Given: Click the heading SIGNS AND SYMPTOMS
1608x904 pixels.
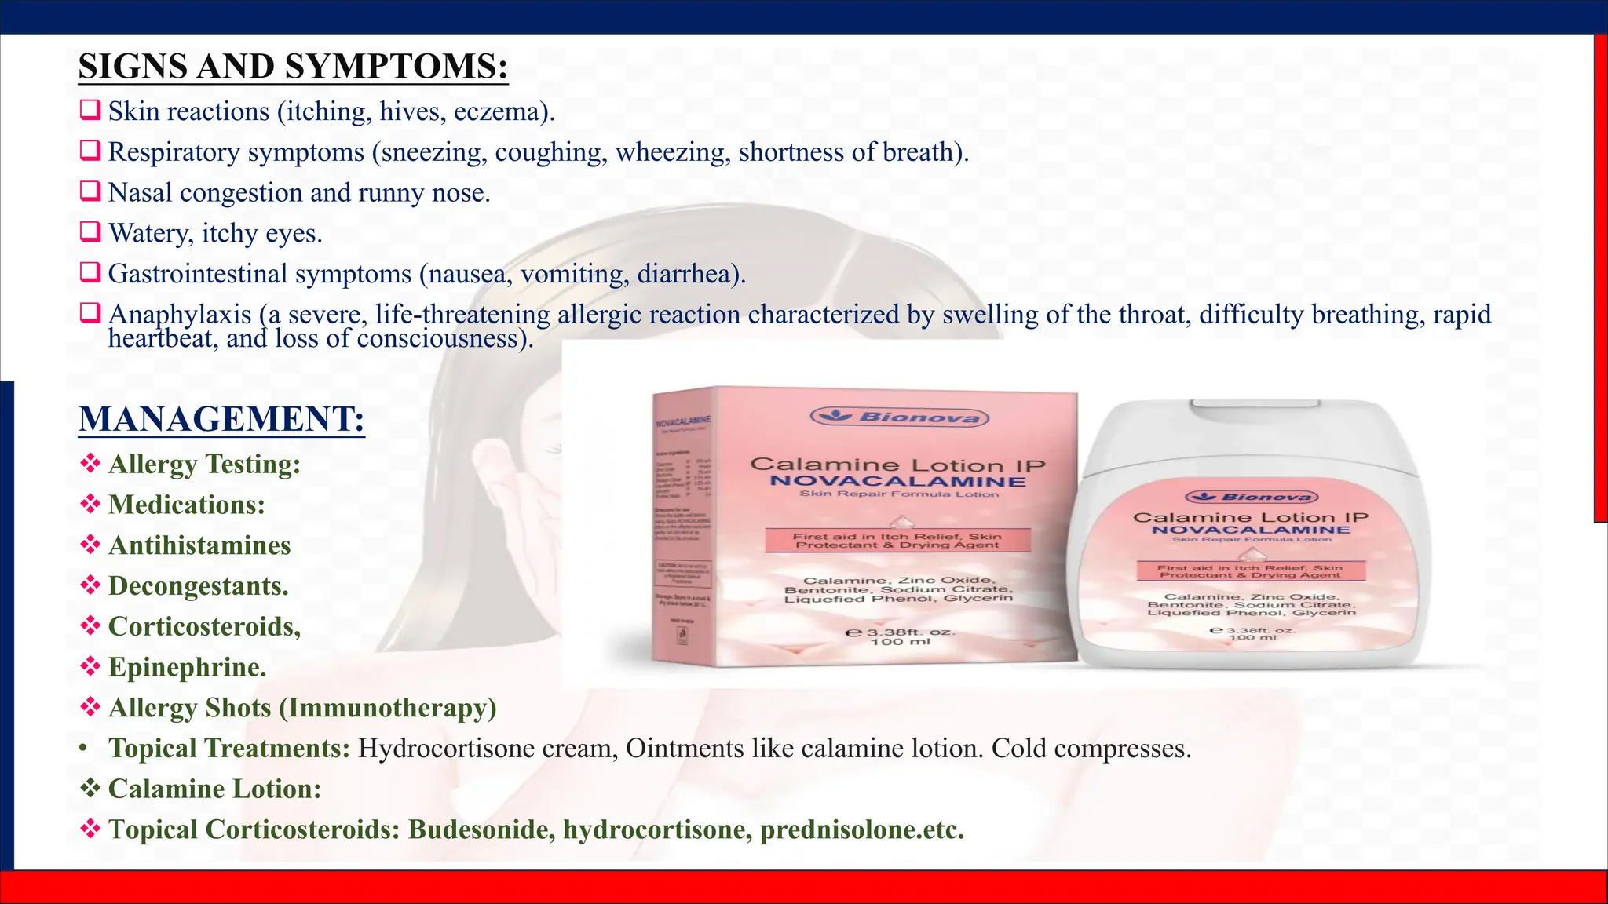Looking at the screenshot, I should point(293,67).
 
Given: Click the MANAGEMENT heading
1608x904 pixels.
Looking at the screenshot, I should point(221,419).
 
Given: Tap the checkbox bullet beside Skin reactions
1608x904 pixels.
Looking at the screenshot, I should point(90,110).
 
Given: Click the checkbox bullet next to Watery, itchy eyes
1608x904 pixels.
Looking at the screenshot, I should point(90,231).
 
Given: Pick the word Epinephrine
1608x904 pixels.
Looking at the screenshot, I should point(187,667).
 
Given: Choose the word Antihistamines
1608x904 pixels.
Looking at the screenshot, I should point(199,545).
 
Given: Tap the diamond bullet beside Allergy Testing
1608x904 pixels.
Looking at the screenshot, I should point(90,463).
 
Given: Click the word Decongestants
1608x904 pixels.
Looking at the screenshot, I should point(198,586).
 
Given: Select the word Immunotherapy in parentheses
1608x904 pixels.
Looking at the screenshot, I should point(388,708).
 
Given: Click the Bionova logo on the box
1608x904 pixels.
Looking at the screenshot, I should point(899,417).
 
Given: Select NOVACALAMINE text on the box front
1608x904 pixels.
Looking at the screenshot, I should point(897,481).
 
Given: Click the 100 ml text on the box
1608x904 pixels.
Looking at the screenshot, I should point(900,642).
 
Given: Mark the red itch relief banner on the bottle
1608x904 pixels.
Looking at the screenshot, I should point(1252,571).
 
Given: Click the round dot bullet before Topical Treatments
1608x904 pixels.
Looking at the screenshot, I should point(83,749).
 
